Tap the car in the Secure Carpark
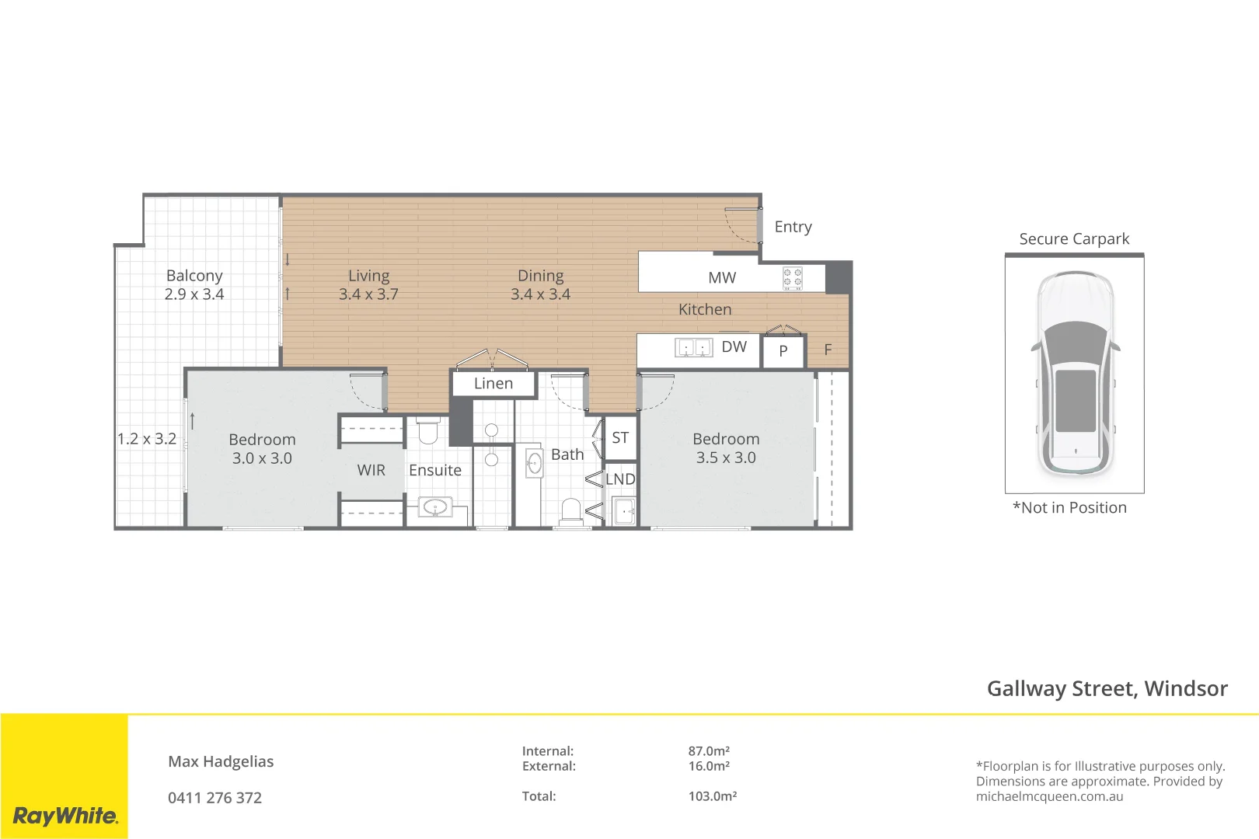pos(1075,374)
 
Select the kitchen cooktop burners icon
pos(793,278)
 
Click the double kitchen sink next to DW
pos(693,348)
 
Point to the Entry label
pos(793,227)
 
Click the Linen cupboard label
pos(493,383)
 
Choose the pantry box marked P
pos(783,351)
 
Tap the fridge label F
pos(828,350)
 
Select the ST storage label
pos(620,438)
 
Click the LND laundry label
pos(620,479)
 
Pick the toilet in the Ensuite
pos(428,430)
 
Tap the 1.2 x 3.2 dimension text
pos(147,439)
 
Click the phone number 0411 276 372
pos(214,798)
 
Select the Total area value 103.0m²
pos(713,795)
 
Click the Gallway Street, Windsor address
pos(1107,689)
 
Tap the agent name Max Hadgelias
pos(221,762)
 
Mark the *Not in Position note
pos(1069,508)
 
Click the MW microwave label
pos(722,277)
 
